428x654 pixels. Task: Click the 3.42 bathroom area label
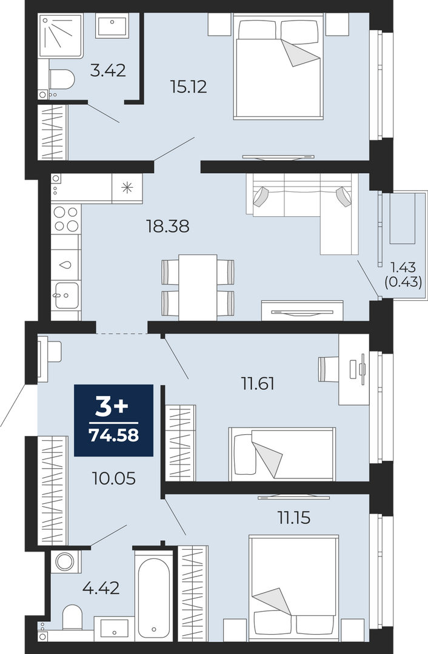click(108, 70)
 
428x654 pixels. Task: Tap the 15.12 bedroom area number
click(189, 87)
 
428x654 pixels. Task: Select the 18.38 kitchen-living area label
click(167, 226)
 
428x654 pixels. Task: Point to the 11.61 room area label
click(258, 383)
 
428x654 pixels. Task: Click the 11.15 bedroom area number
click(295, 518)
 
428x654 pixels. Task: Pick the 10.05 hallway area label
click(113, 478)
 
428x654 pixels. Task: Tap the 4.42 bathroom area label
click(101, 588)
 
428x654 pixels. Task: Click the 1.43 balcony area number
click(404, 267)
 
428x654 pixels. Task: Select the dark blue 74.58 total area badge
click(113, 420)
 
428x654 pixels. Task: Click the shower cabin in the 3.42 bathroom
click(61, 36)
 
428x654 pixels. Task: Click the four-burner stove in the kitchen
click(65, 219)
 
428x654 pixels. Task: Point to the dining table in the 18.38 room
click(198, 288)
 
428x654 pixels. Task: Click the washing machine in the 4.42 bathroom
click(65, 561)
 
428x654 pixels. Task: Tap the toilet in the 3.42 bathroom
click(61, 78)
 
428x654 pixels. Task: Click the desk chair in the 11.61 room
click(329, 369)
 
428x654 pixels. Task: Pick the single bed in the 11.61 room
click(283, 454)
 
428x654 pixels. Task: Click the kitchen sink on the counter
click(65, 295)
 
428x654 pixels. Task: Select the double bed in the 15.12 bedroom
click(278, 67)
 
